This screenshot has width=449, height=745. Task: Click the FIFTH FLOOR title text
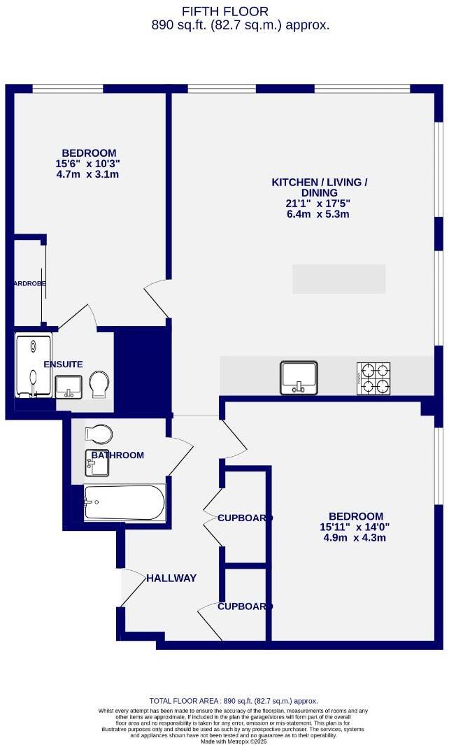[224, 10]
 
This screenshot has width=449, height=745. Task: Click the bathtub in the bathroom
[124, 502]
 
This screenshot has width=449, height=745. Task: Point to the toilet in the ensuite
[99, 383]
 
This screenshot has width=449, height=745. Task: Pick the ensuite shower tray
[34, 366]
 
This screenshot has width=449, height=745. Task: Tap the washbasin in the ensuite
[69, 385]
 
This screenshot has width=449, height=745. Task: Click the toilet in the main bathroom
[99, 434]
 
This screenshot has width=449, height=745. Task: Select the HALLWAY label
[171, 578]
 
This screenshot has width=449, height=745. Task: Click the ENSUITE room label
[63, 364]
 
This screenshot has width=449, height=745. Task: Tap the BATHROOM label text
[117, 455]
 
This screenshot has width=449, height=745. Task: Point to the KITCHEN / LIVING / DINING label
[319, 187]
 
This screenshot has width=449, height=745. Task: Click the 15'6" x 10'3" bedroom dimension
[88, 164]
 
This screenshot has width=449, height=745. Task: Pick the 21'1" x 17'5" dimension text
[319, 204]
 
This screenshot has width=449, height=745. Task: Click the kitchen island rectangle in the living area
[338, 278]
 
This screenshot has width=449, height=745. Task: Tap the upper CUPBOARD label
[245, 518]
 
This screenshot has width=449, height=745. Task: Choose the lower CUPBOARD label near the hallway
[245, 606]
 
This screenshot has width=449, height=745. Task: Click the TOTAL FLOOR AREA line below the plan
[234, 700]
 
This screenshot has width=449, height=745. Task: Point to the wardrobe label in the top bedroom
[29, 284]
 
